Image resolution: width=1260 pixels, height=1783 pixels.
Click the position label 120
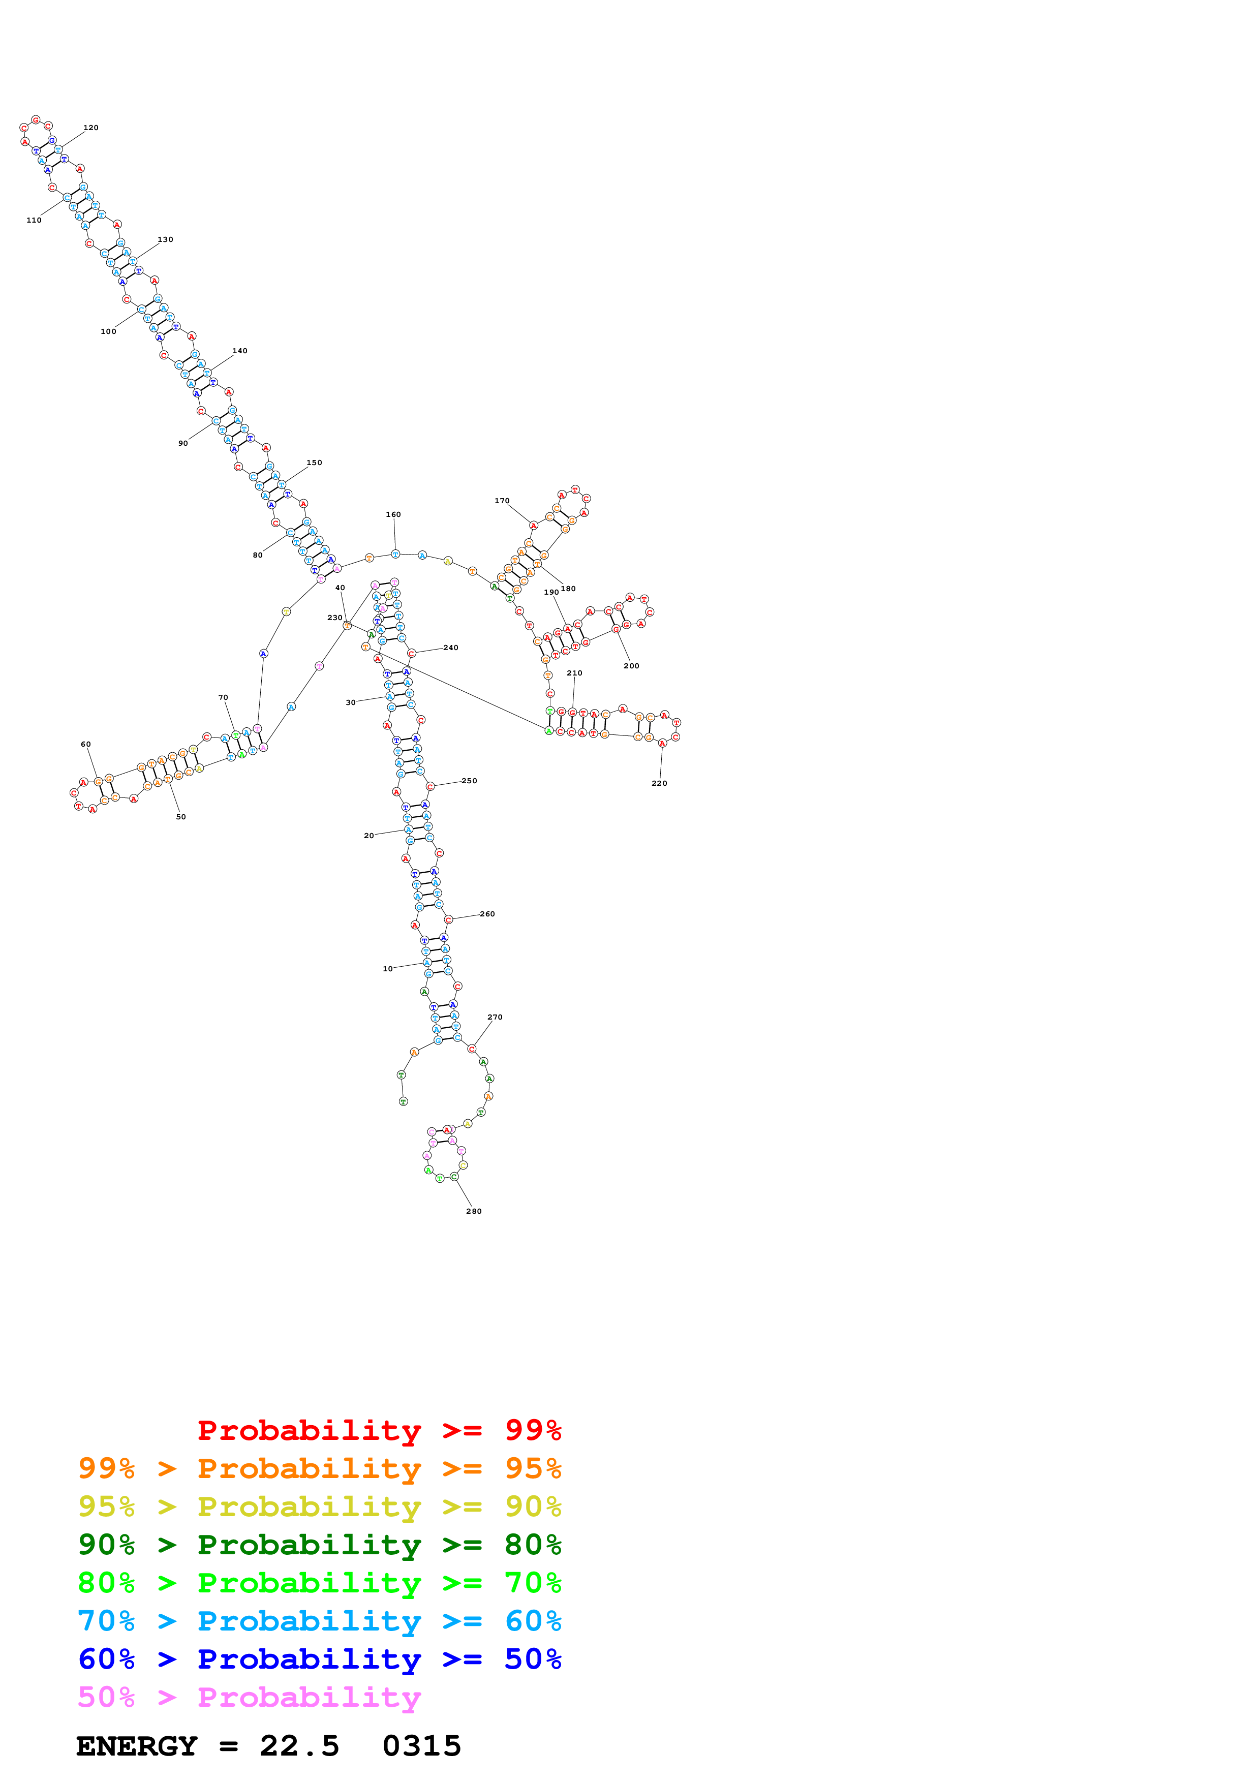[x=91, y=128]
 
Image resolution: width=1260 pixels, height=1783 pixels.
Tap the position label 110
[x=34, y=220]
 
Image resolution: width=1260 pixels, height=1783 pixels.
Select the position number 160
[x=393, y=514]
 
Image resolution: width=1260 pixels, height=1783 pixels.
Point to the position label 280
[x=474, y=1211]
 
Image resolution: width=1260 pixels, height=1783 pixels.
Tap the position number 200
[x=631, y=665]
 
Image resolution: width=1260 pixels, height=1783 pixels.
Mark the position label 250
[x=469, y=781]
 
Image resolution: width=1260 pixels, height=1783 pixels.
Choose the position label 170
[x=502, y=501]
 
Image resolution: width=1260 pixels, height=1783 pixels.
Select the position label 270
[x=495, y=1017]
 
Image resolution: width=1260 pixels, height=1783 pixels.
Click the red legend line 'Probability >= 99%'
[x=379, y=1430]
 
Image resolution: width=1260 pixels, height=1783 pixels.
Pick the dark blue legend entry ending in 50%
[x=319, y=1659]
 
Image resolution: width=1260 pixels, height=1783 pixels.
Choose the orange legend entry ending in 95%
[x=319, y=1468]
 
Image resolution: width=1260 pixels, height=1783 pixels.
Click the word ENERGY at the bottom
[x=137, y=1746]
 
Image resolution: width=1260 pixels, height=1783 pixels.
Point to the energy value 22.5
[x=300, y=1746]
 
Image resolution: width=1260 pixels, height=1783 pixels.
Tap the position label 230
[x=334, y=618]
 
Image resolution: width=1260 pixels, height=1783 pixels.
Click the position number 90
[x=182, y=443]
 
